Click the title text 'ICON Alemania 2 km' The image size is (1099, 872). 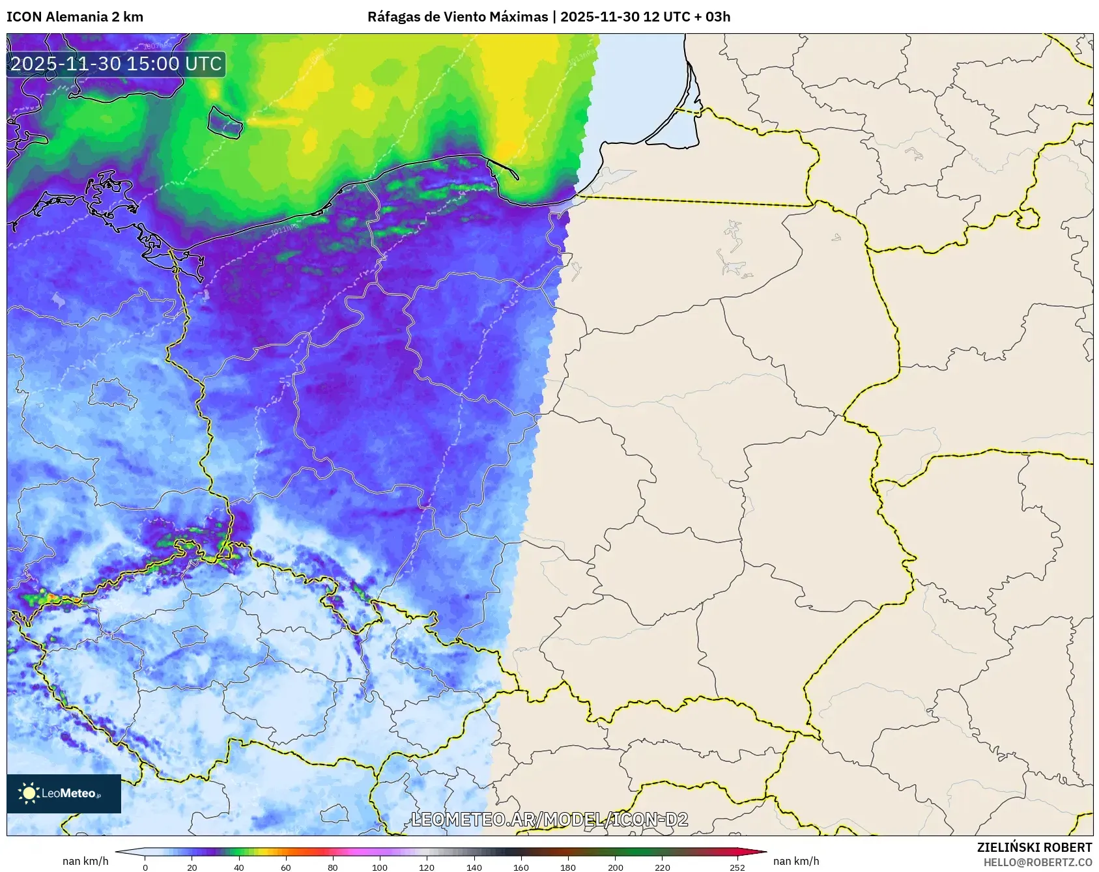(75, 17)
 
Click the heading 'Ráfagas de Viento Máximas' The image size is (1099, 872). (457, 17)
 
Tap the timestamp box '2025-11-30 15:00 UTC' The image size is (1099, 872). (116, 64)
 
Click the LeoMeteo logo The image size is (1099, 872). (64, 793)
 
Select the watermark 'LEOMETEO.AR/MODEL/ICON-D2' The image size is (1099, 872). (549, 819)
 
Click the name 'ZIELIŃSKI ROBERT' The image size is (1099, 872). (1034, 847)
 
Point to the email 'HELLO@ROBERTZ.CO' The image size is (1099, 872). (1037, 862)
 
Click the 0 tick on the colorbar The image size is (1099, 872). (145, 867)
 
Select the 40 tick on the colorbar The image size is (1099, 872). (239, 867)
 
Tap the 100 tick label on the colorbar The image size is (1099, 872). (380, 867)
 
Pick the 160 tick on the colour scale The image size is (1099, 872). (521, 867)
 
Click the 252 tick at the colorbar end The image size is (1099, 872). (737, 867)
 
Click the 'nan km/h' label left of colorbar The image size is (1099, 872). (85, 861)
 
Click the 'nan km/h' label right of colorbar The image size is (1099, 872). (796, 861)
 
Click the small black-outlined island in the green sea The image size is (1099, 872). (225, 121)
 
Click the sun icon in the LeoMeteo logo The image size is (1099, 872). (29, 793)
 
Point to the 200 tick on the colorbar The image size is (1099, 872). (615, 867)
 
